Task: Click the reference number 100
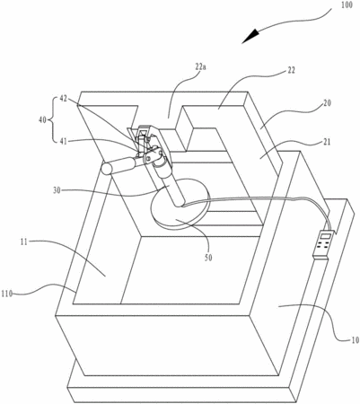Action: point(347,5)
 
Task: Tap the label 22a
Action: point(200,66)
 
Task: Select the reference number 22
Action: point(291,70)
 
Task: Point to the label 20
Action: point(328,103)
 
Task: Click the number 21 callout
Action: point(327,142)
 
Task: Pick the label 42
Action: point(64,99)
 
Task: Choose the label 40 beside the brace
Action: point(43,120)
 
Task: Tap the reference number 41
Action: point(63,141)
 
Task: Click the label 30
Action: point(57,190)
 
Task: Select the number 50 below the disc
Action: point(208,258)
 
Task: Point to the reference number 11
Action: point(24,242)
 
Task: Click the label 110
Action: point(7,294)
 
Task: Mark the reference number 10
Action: point(355,340)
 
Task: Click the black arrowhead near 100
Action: point(250,36)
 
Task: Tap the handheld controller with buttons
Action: point(323,243)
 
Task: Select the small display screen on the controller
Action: point(325,236)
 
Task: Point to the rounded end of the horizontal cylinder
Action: point(106,169)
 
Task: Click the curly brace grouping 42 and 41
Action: point(51,119)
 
